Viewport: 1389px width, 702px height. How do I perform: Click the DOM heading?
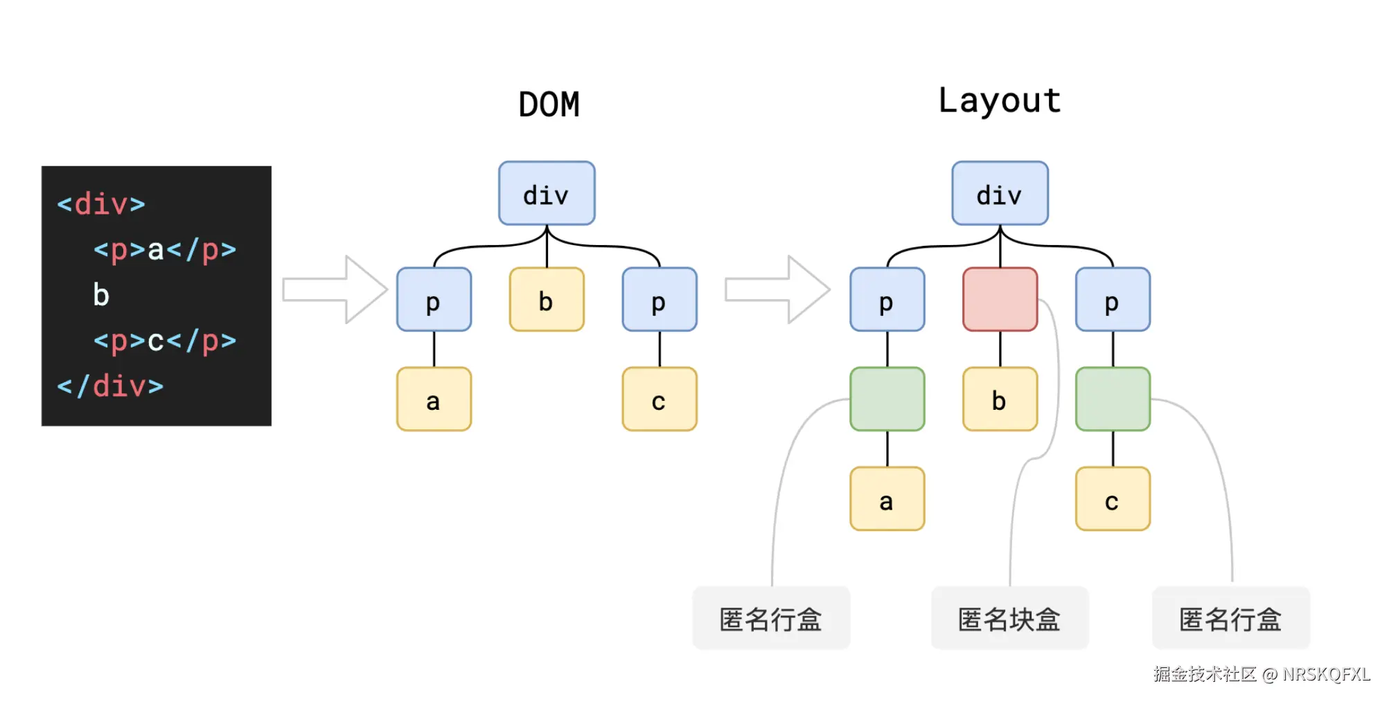pos(549,105)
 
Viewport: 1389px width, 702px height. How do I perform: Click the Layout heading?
pos(999,102)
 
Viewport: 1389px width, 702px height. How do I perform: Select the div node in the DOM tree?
pos(547,194)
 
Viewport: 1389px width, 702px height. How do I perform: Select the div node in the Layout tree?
pos(1000,194)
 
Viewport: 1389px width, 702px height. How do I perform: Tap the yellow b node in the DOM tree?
pos(547,300)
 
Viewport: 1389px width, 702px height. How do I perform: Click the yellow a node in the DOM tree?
pos(434,399)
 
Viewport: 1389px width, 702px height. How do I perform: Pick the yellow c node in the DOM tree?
pos(659,399)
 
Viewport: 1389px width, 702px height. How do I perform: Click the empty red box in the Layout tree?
pos(1000,300)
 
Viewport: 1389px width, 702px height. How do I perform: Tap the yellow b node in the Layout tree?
pos(1000,399)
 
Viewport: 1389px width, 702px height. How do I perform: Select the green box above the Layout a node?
pos(887,399)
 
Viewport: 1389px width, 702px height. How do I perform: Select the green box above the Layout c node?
pos(1113,399)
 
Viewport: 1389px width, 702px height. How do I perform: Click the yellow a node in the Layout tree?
pos(887,499)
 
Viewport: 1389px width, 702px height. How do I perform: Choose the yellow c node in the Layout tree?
pos(1113,499)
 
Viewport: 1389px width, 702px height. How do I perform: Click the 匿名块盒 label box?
pos(1009,618)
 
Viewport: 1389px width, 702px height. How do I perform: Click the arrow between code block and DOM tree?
pos(335,289)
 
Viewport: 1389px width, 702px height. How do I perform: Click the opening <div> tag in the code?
pos(101,204)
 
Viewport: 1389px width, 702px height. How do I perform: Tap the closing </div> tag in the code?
pos(110,386)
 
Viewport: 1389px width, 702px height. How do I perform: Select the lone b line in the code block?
pos(101,295)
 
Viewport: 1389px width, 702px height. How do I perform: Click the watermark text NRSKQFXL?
pos(1325,674)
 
